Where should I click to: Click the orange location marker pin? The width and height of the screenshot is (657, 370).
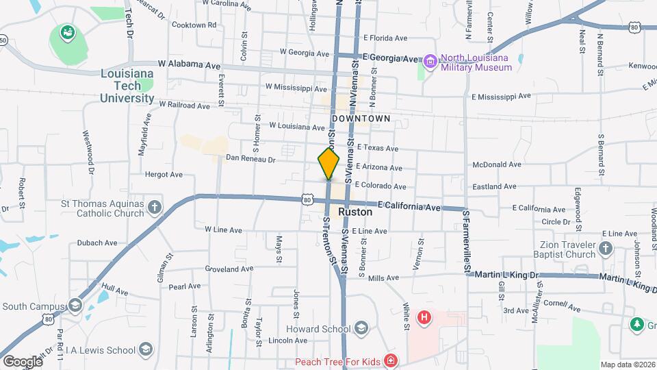coord(328,164)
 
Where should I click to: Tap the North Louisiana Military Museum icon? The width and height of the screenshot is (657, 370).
coord(430,62)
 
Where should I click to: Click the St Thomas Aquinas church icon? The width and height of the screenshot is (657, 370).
coord(155,206)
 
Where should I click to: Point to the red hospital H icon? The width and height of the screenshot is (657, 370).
coord(424,317)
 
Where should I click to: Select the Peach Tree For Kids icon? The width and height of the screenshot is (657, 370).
coord(390,360)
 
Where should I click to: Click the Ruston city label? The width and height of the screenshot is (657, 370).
coord(355,212)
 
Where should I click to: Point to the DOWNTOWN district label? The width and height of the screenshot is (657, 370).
coord(361,119)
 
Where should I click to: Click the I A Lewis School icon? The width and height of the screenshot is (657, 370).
coord(145,350)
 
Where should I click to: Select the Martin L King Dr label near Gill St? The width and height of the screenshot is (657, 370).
coord(507,275)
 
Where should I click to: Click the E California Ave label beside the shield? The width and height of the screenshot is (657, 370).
coord(409,206)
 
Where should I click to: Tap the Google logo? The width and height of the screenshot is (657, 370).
coord(22,361)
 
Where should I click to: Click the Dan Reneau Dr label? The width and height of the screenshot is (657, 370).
coord(250,159)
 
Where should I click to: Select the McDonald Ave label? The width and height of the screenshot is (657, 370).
coord(497,164)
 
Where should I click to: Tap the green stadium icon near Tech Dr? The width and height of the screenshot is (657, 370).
coord(67,32)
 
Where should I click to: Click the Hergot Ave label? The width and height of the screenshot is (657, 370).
coord(164,175)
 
